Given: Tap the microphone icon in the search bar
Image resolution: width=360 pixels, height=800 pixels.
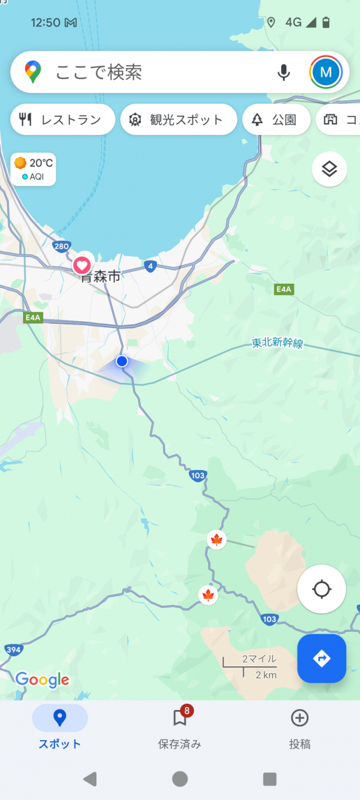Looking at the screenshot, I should tap(284, 72).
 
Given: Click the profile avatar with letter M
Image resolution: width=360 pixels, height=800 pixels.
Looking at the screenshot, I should tap(326, 72).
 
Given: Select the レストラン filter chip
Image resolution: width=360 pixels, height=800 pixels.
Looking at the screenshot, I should tap(62, 120).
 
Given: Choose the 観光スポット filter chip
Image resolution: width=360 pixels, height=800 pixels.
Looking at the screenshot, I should tap(178, 120).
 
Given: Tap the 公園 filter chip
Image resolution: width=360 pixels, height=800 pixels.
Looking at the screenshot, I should tap(276, 120).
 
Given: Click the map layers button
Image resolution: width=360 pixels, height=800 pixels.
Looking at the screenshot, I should tap(329, 169).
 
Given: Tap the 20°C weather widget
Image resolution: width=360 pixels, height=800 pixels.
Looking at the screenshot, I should tap(34, 169).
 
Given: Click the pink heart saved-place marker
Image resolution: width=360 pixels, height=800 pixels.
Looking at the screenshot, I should tap(82, 265).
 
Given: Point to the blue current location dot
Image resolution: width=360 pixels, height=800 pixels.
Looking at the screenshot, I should tap(122, 361).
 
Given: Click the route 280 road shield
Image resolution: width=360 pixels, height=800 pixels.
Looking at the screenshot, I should tap(61, 246).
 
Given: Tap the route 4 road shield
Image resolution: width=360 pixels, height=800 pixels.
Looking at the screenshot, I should tap(149, 266).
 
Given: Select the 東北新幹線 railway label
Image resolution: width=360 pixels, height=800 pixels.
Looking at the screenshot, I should tap(277, 343).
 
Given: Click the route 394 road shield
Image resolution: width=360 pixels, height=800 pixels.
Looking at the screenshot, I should tap(13, 650).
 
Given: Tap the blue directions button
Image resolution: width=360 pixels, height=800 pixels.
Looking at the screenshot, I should tap(321, 658).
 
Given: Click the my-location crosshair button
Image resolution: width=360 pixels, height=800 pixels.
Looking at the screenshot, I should tap(321, 589).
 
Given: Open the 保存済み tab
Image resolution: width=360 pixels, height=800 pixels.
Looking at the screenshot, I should tap(180, 727).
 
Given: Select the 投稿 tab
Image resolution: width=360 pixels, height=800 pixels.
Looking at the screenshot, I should tap(299, 727).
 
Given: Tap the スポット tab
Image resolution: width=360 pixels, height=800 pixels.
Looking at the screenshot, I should tap(60, 727).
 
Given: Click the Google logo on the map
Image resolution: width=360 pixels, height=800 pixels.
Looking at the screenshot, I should tap(42, 679).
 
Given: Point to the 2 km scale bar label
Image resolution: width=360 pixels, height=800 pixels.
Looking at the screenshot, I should tap(266, 675).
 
